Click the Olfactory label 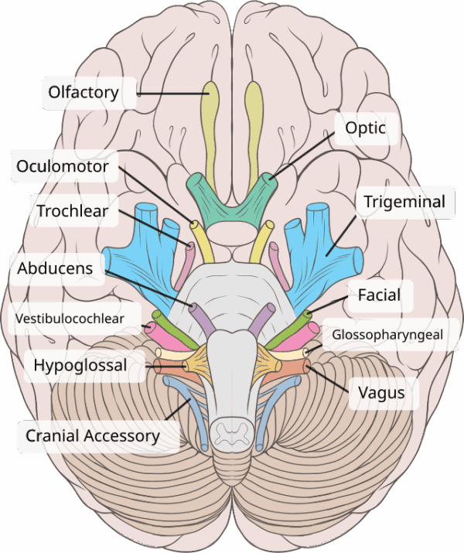pyautogui.click(x=84, y=93)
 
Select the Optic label pyautogui.click(x=366, y=128)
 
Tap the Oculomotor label pyautogui.click(x=63, y=166)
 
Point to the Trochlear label pyautogui.click(x=73, y=210)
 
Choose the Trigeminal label pyautogui.click(x=404, y=202)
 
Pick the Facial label pyautogui.click(x=379, y=295)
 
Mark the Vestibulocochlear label pyautogui.click(x=73, y=316)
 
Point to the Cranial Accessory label pyautogui.click(x=92, y=435)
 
